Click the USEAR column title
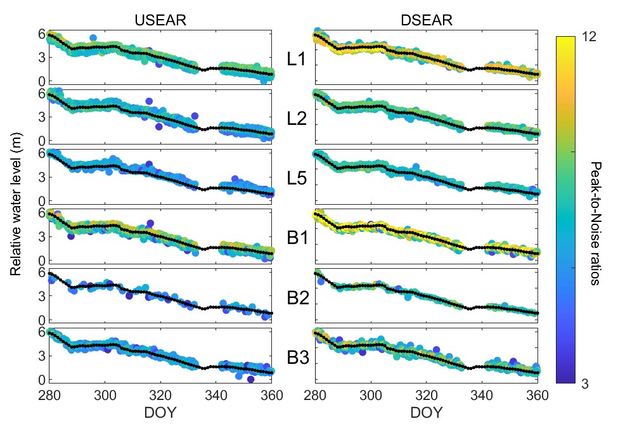(160, 20)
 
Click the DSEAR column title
(426, 20)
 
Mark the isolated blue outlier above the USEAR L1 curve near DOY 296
(93, 38)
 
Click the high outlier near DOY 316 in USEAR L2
(149, 101)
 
